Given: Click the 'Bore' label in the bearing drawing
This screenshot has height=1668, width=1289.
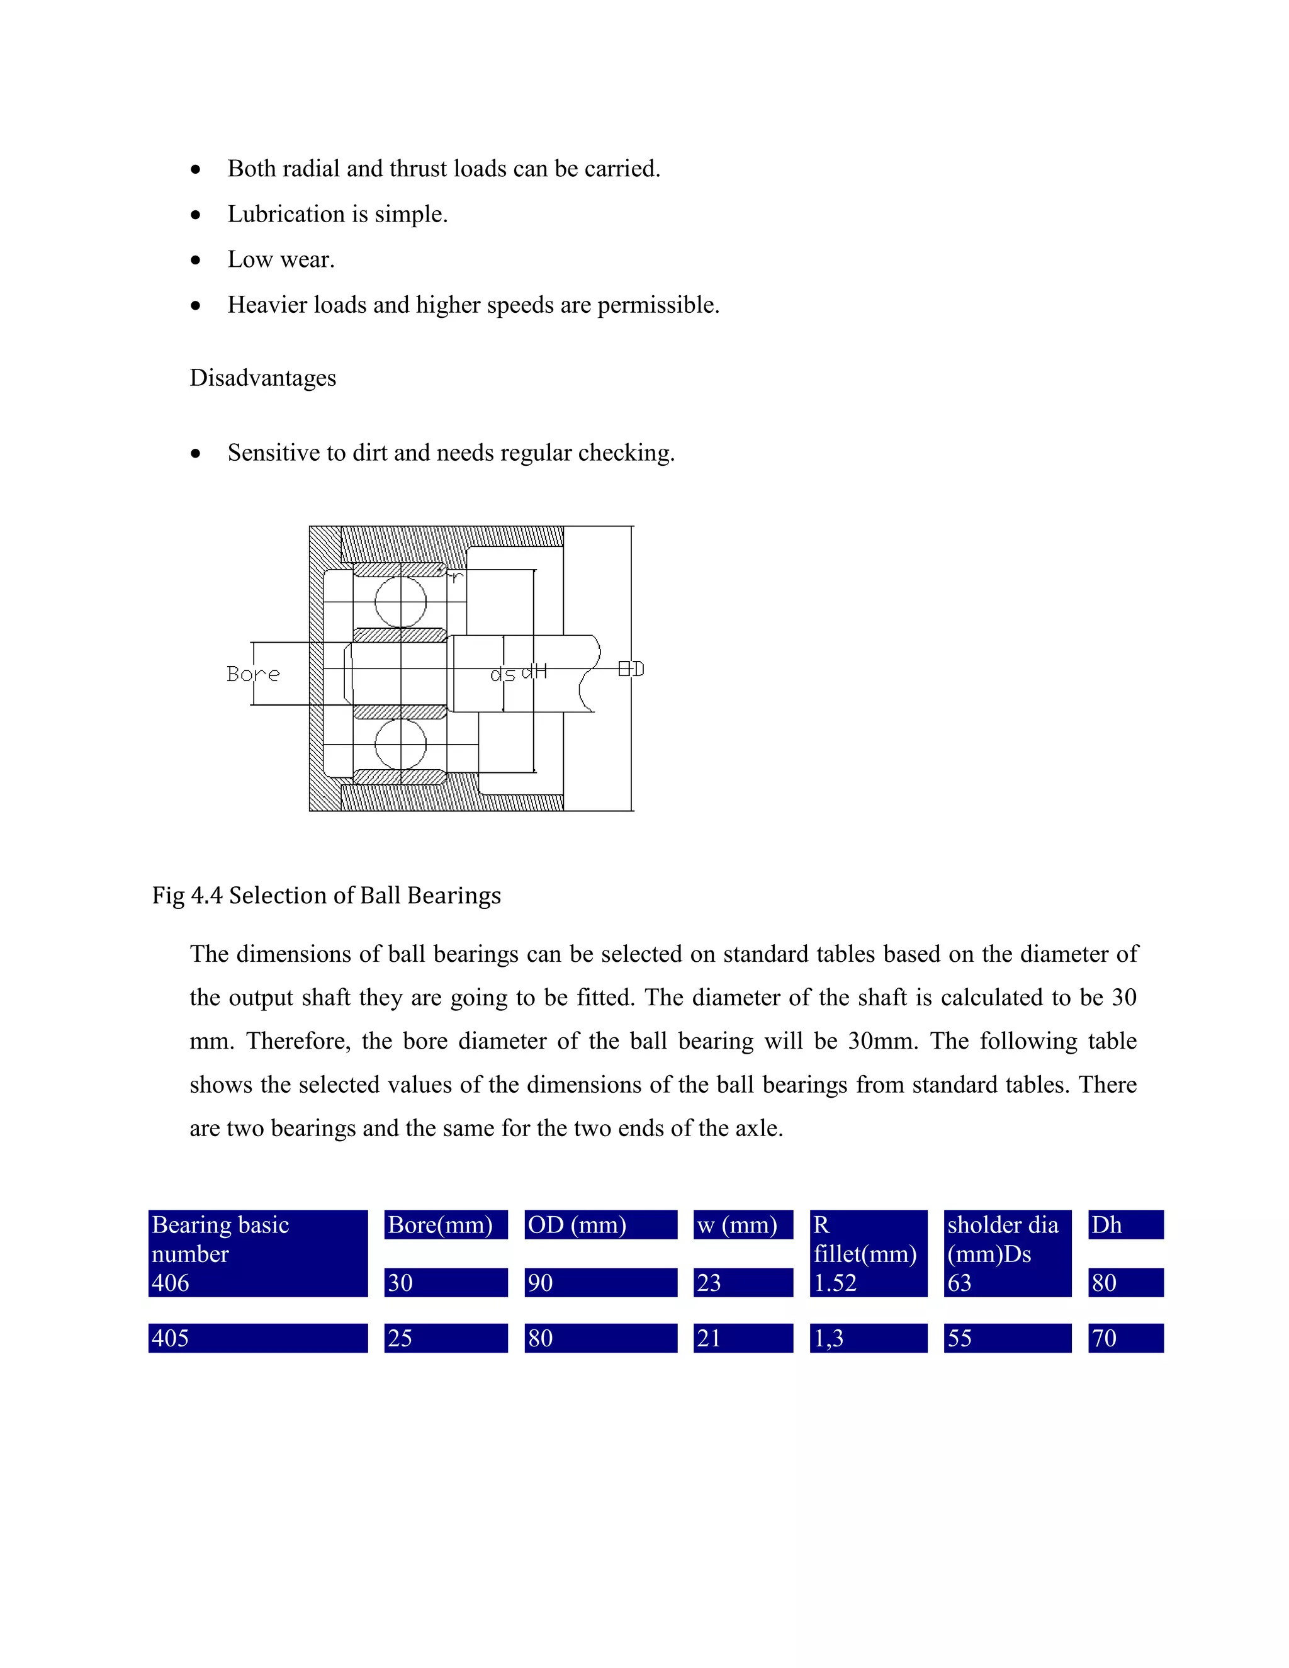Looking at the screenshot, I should (253, 674).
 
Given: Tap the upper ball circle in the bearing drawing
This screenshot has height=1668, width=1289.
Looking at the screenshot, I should (401, 602).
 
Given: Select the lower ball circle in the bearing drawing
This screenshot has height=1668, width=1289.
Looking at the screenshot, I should (401, 744).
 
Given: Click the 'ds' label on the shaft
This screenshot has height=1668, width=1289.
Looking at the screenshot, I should (502, 674).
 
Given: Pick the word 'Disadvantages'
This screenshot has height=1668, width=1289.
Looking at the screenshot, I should (262, 378).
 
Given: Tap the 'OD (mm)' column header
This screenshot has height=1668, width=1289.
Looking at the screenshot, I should (577, 1225).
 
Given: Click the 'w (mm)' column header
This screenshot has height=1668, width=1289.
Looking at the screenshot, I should (737, 1225).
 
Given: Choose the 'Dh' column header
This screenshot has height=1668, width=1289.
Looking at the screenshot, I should (1106, 1225).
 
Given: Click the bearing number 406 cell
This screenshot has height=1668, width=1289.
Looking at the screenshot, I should (171, 1283).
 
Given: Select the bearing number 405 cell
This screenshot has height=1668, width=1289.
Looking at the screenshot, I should (171, 1338).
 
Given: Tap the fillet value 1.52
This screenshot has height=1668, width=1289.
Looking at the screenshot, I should (835, 1283).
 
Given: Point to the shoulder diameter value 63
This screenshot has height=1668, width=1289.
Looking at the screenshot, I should (959, 1283).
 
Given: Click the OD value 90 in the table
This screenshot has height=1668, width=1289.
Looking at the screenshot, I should (540, 1283).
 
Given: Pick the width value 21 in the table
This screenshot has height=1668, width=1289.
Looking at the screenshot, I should (709, 1338).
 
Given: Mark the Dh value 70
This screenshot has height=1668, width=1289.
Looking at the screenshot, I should (1104, 1338).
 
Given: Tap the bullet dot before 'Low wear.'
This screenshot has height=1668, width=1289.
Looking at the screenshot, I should (196, 261).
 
